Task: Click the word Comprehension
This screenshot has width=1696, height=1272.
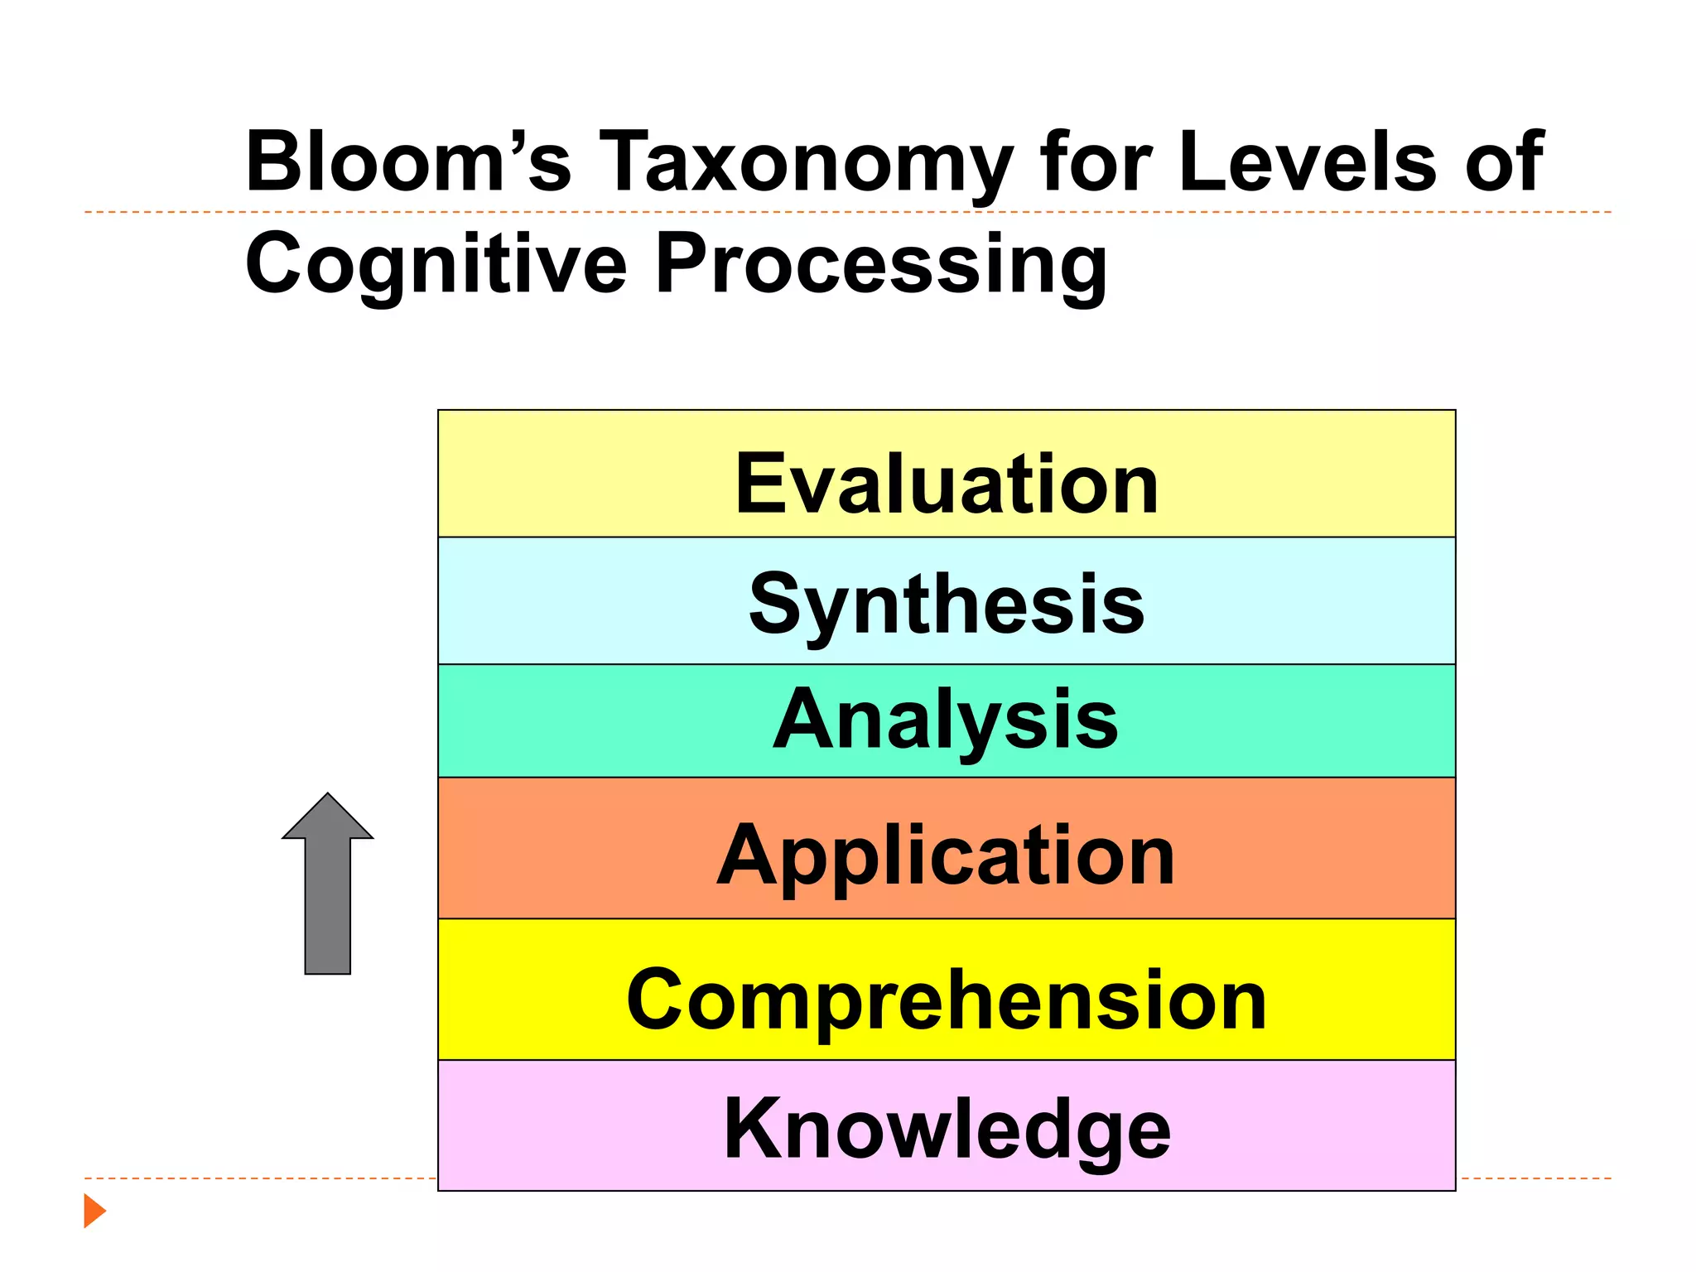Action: [x=947, y=1000]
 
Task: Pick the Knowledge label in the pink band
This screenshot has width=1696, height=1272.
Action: [x=947, y=1129]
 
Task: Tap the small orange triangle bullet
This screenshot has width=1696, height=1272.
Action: [x=94, y=1211]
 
